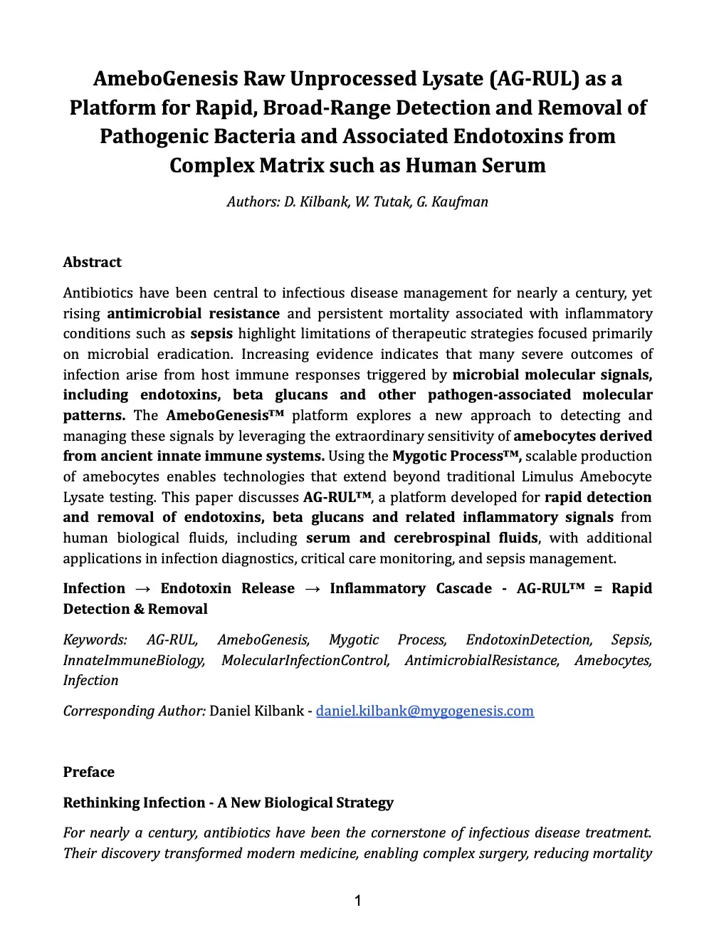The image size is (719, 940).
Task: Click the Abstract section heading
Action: click(92, 262)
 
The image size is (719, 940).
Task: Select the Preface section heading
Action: click(88, 772)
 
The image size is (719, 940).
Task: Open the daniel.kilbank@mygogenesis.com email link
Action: click(424, 711)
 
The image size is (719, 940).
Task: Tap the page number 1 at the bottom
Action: click(358, 902)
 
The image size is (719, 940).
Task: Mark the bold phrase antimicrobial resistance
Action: click(193, 313)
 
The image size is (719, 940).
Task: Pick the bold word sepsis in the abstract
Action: click(211, 334)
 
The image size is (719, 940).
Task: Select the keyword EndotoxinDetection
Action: click(528, 639)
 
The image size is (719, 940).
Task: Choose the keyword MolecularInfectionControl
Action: click(305, 660)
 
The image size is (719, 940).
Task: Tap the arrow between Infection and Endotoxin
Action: click(142, 588)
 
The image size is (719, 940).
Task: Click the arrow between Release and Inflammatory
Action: click(312, 588)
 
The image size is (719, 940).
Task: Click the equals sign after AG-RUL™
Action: click(597, 588)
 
